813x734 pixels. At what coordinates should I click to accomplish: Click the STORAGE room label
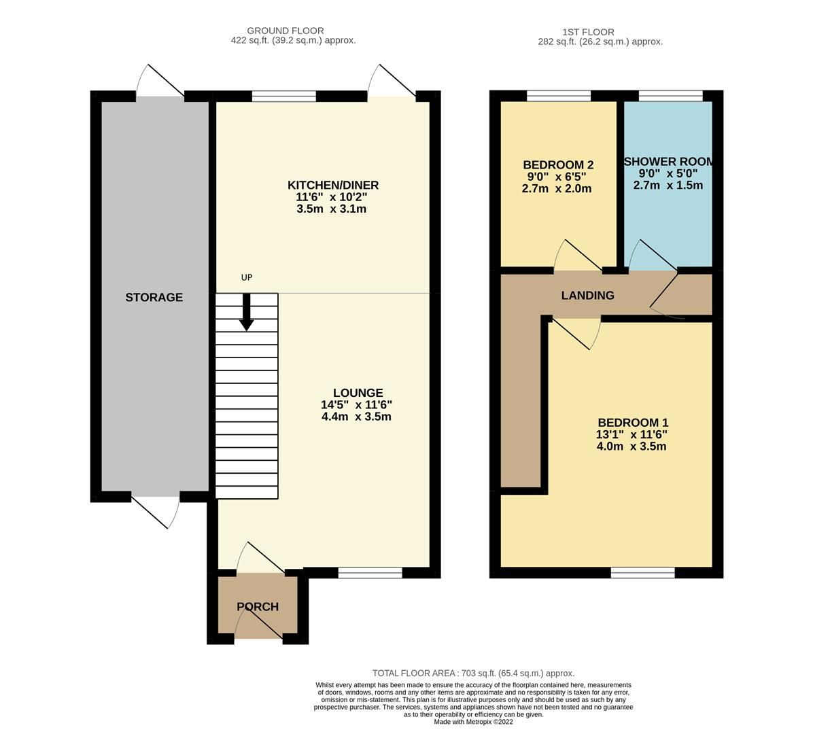(154, 297)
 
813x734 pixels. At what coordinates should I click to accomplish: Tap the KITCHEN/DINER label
(332, 185)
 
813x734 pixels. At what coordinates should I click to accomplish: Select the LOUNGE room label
(358, 393)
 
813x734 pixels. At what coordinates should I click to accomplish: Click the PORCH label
(257, 606)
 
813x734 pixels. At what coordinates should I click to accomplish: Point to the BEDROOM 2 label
(558, 164)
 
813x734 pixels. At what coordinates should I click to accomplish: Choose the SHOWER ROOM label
(669, 161)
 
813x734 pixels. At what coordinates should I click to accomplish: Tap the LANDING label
(587, 295)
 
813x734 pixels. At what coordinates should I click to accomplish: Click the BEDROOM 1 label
(632, 422)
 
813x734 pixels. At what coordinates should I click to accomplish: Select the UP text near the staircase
(247, 277)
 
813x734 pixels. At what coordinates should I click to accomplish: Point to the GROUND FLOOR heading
(285, 31)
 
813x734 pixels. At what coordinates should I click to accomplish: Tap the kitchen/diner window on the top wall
(283, 96)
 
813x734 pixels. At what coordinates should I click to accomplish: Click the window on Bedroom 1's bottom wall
(642, 573)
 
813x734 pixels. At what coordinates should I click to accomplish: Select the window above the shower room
(670, 96)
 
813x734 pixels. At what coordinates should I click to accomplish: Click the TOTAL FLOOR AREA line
(473, 673)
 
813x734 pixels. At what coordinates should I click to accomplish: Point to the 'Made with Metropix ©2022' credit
(473, 722)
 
